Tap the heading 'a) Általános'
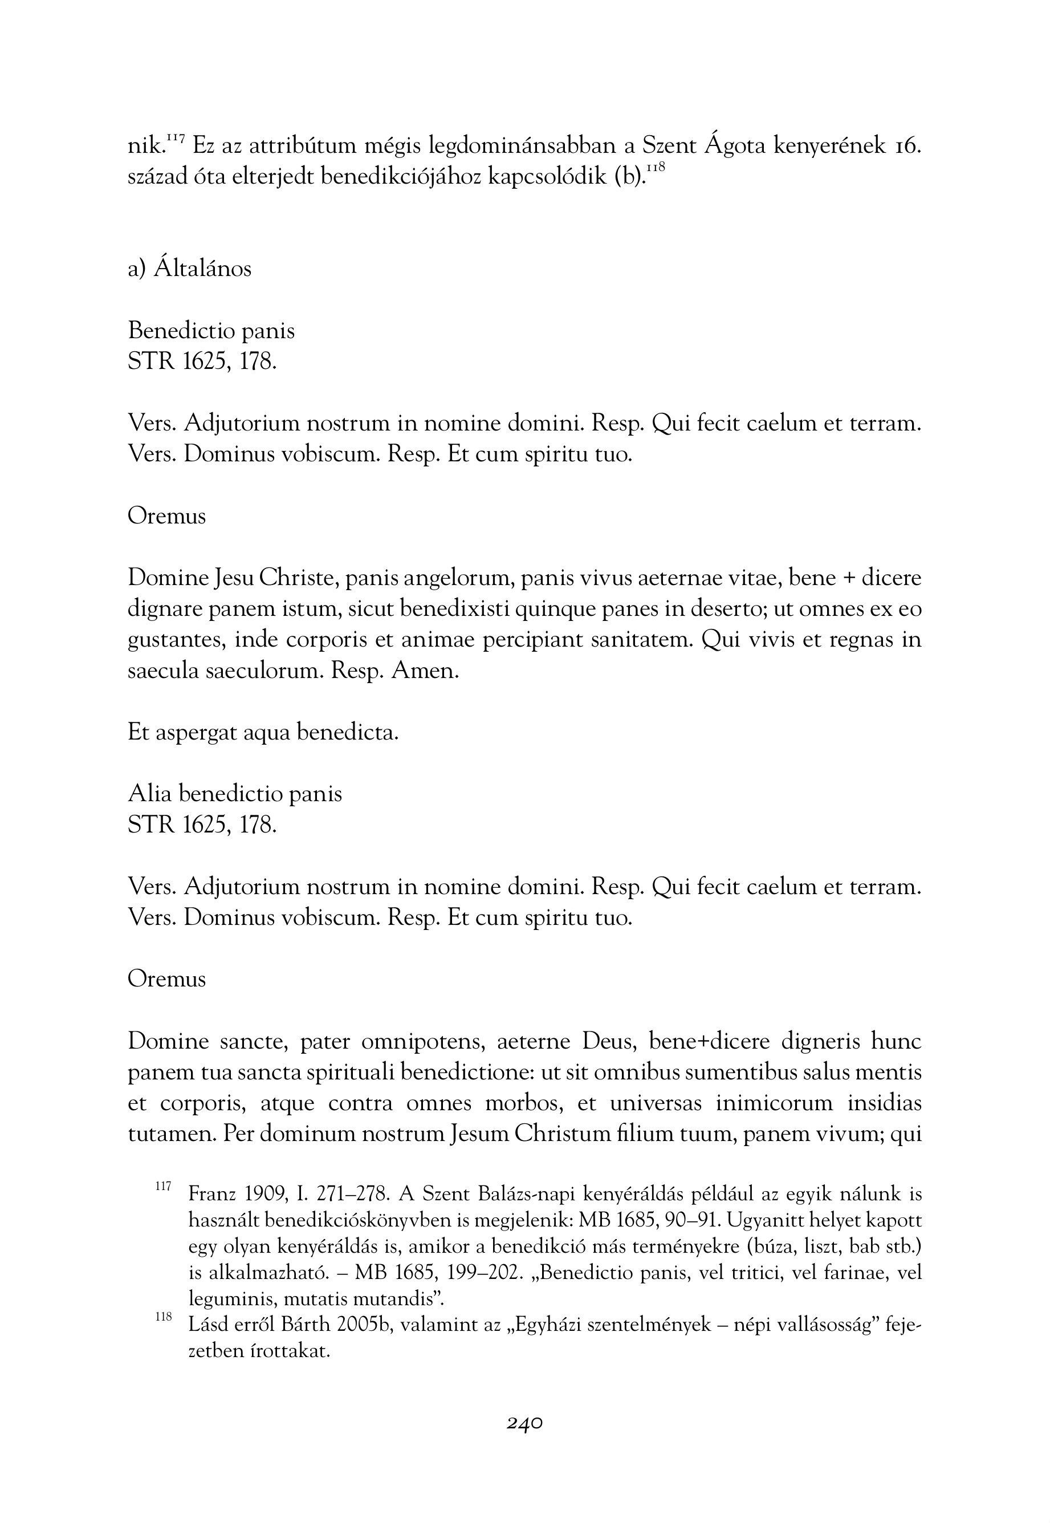[189, 269]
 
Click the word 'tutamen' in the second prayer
[170, 1134]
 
